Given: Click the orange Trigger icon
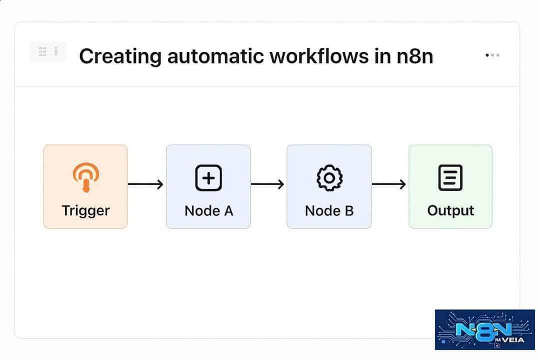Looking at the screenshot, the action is pyautogui.click(x=86, y=176).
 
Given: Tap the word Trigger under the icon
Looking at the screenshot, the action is pyautogui.click(x=86, y=210).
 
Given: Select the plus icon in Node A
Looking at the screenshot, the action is pyautogui.click(x=208, y=178).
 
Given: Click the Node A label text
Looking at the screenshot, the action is pyautogui.click(x=208, y=211).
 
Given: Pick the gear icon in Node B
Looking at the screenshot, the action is pyautogui.click(x=329, y=178).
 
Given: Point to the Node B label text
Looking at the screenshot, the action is pyautogui.click(x=329, y=211).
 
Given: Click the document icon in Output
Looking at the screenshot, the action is pyautogui.click(x=450, y=178).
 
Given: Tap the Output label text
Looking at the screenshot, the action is pyautogui.click(x=450, y=211).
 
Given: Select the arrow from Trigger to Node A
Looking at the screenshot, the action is pyautogui.click(x=145, y=184).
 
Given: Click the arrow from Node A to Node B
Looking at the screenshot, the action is pyautogui.click(x=267, y=184).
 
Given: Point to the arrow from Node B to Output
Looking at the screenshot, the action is pyautogui.click(x=389, y=184).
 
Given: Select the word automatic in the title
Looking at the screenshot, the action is pyautogui.click(x=215, y=56).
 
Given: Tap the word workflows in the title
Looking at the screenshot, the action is pyautogui.click(x=319, y=56).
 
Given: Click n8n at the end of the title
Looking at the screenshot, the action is pyautogui.click(x=414, y=56).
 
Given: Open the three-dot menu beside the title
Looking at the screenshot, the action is pyautogui.click(x=492, y=55).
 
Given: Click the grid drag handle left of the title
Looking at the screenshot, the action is pyautogui.click(x=42, y=51).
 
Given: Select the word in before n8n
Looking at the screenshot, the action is pyautogui.click(x=382, y=56).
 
